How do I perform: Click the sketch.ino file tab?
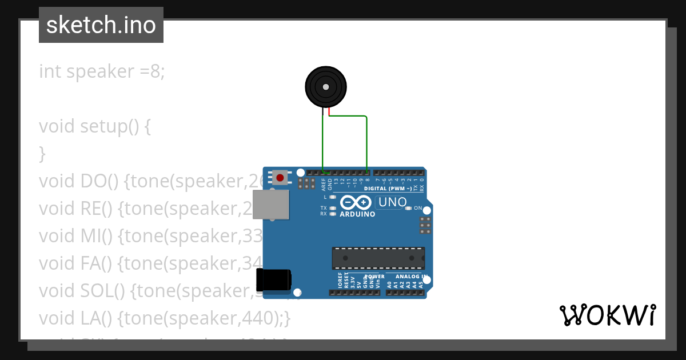click(101, 25)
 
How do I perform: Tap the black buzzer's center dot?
click(325, 87)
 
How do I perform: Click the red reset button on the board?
click(280, 178)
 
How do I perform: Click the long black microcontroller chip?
click(378, 258)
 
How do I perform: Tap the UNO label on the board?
click(393, 202)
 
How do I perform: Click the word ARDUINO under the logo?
click(357, 214)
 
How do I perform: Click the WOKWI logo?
click(607, 315)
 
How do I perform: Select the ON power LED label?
click(417, 208)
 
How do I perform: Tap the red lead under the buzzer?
click(329, 112)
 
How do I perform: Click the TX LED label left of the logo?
click(324, 208)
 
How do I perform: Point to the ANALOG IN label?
click(407, 277)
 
